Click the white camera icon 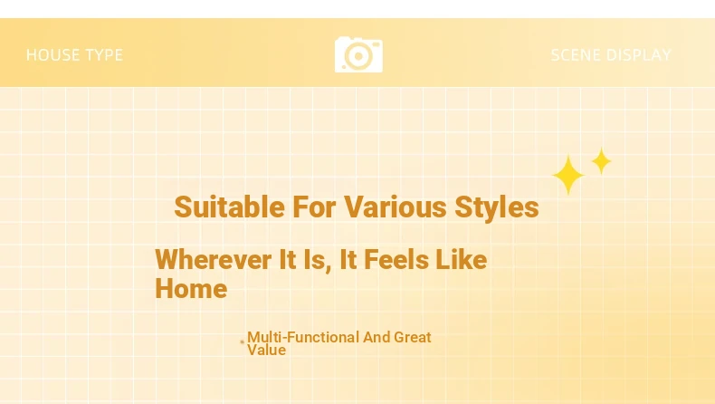[x=358, y=54]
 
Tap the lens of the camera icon [x=358, y=56]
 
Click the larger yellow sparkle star [x=568, y=175]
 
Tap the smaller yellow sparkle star [x=602, y=161]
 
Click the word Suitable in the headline [x=229, y=207]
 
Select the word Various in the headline [x=395, y=207]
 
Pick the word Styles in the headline [x=497, y=207]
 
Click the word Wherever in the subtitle [x=214, y=260]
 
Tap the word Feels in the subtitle [x=396, y=260]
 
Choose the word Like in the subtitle [x=462, y=260]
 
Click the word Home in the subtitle [x=191, y=289]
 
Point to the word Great [x=412, y=337]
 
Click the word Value [x=267, y=351]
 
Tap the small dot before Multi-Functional [x=243, y=341]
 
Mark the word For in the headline [x=314, y=207]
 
